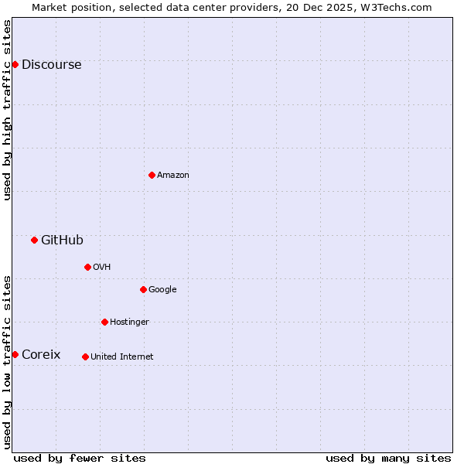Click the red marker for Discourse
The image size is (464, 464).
pos(15,64)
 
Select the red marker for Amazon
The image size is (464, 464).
pos(152,175)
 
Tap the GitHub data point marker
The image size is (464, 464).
pos(34,240)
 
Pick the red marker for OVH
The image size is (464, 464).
pos(87,267)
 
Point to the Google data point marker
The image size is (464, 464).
pos(143,289)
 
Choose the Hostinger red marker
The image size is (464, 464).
pos(104,322)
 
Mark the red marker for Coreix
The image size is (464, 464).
pos(15,354)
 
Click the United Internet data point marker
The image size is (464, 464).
pos(85,357)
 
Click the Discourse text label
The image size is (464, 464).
pos(51,65)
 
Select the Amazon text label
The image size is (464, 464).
pos(173,176)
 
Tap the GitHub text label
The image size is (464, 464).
pos(62,241)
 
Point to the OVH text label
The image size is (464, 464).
pos(102,268)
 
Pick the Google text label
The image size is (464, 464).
pos(162,290)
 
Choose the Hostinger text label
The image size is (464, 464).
pos(129,322)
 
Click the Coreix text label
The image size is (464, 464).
pos(41,355)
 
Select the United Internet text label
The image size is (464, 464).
pos(121,357)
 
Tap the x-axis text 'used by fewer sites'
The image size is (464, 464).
pos(80,458)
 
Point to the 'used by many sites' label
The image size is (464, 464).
pos(388,458)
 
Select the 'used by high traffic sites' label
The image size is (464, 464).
pos(8,110)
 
